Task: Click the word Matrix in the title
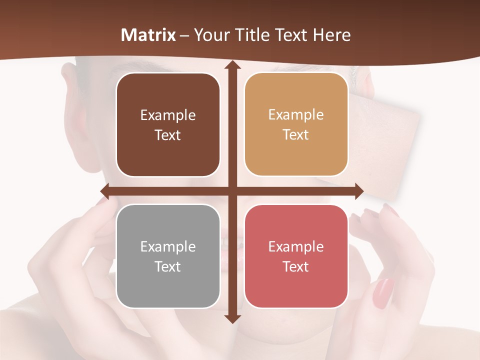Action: [x=148, y=35]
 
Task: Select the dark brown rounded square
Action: [x=168, y=125]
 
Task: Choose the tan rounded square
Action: [x=296, y=124]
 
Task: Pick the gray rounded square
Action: [x=168, y=256]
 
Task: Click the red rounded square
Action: [x=296, y=256]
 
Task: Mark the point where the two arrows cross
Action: [x=232, y=191]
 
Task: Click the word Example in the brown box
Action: [x=168, y=115]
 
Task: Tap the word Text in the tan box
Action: [x=296, y=135]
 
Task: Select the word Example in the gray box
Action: [x=168, y=247]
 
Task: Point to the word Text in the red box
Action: [x=296, y=267]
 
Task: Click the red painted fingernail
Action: [x=383, y=293]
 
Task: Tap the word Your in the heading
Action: [x=209, y=35]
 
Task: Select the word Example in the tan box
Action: [x=296, y=115]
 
